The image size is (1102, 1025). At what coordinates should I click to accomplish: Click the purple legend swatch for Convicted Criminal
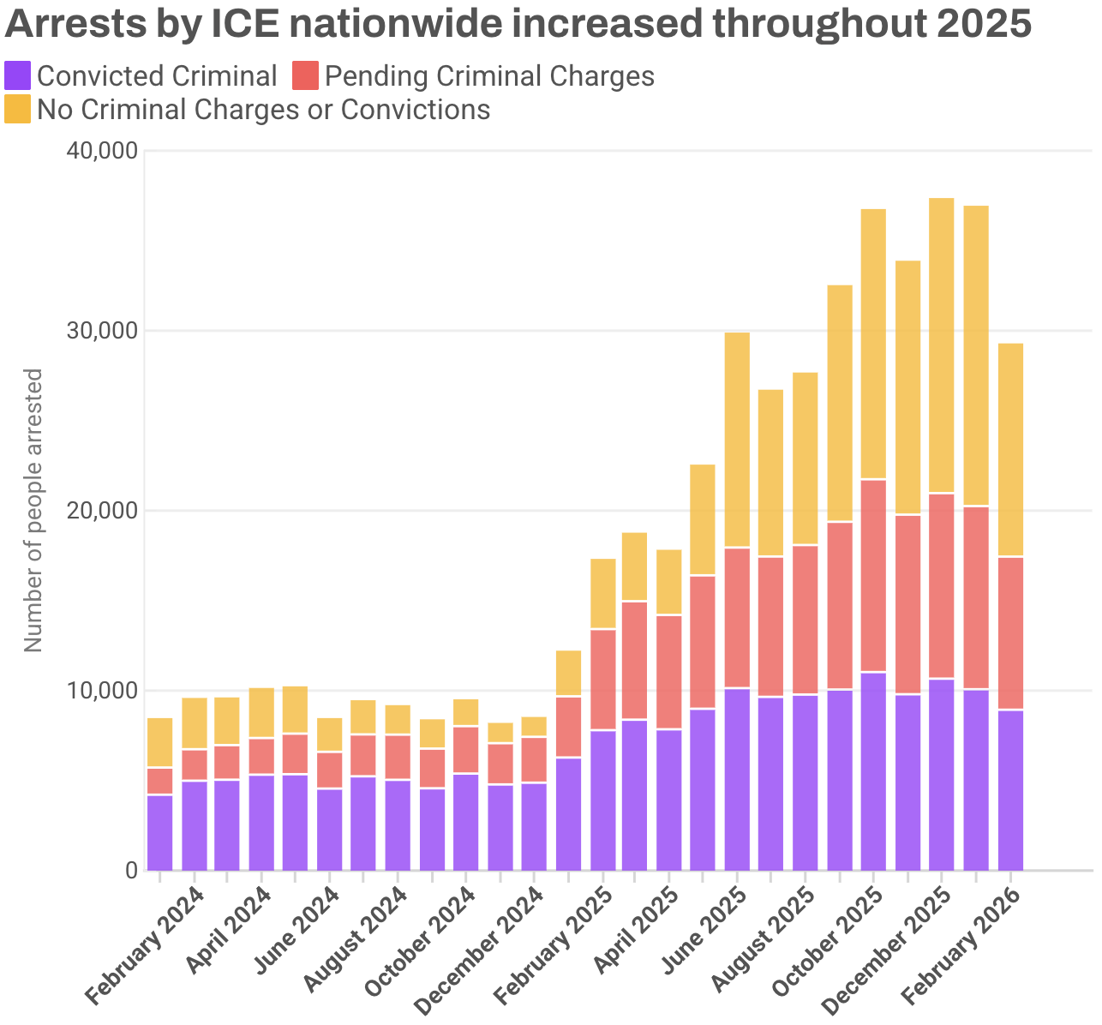tap(18, 76)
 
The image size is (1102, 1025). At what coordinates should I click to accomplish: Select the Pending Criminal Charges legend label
tap(489, 76)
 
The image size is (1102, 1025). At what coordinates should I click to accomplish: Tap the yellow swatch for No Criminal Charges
tap(18, 110)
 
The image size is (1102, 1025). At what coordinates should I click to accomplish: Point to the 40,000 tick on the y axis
tap(101, 152)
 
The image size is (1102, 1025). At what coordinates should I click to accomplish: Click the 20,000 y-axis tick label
tap(101, 511)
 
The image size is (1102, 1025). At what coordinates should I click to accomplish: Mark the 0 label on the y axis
tap(131, 871)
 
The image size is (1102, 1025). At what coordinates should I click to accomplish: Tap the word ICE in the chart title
tap(245, 25)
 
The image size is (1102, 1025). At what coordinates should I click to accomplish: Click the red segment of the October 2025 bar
tap(873, 575)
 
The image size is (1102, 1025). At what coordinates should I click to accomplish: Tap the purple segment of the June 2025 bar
tap(737, 779)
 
